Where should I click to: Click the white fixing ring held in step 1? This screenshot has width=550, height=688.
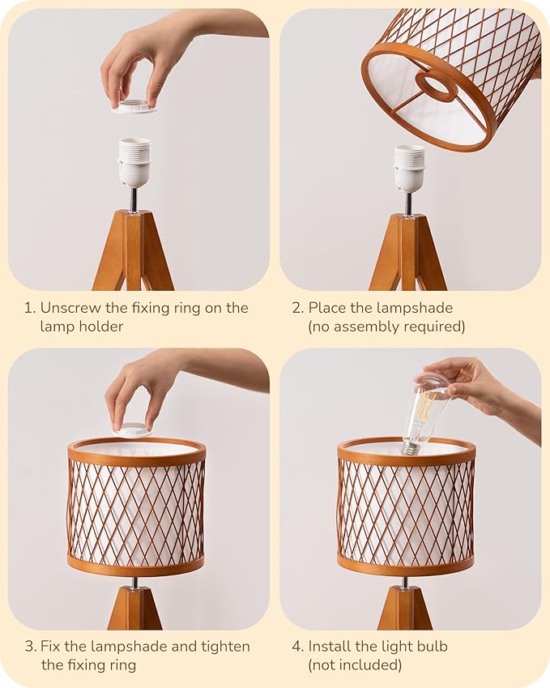pos(134,107)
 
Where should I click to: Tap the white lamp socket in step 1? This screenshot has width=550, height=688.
pos(134,162)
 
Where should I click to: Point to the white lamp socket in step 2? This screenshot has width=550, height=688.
pos(409,168)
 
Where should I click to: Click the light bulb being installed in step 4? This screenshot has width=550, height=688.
pos(426,413)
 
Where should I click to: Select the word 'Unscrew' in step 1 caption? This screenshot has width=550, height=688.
pos(69,308)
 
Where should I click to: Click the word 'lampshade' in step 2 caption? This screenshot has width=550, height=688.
pos(414,308)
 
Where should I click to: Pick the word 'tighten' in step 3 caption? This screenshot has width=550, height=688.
pos(224,647)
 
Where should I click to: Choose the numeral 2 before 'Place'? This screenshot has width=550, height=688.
pos(296,308)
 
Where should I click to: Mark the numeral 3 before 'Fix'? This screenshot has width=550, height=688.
pos(28,647)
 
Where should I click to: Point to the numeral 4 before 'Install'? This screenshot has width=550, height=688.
pos(296,647)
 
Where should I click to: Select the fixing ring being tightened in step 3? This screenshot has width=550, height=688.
pos(134,429)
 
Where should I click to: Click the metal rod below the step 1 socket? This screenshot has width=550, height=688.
pos(134,199)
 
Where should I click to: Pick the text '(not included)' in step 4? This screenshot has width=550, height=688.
pos(354,665)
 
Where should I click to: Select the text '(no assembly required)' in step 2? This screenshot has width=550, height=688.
pos(386,327)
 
